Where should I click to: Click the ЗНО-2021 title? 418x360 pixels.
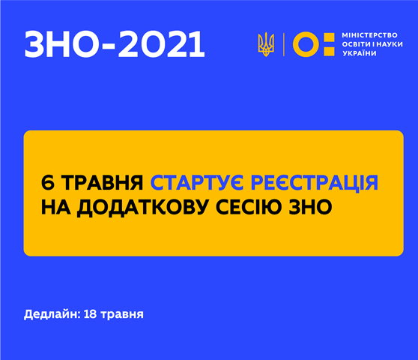(x=115, y=44)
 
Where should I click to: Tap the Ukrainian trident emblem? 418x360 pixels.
(x=266, y=44)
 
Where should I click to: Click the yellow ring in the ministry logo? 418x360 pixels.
(x=306, y=44)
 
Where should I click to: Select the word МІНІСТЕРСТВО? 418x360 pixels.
(x=369, y=35)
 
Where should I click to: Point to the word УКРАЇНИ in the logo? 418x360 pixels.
(x=360, y=53)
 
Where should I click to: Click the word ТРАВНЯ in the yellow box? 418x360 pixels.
(x=103, y=183)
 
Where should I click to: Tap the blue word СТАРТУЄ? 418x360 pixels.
(x=197, y=182)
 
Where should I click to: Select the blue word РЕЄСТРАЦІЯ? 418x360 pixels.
(x=315, y=182)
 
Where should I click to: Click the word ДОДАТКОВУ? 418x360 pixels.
(x=142, y=207)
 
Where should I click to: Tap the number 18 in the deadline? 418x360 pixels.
(x=90, y=314)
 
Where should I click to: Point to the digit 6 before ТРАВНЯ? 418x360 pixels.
(x=47, y=183)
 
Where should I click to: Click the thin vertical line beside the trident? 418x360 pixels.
(x=283, y=44)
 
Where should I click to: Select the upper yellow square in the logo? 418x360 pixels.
(x=329, y=38)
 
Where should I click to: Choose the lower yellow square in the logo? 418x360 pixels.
(x=329, y=51)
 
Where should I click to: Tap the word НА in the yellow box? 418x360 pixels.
(x=55, y=207)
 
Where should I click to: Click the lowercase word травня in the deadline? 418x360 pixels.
(x=122, y=315)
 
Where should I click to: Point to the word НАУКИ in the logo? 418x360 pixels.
(x=390, y=44)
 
